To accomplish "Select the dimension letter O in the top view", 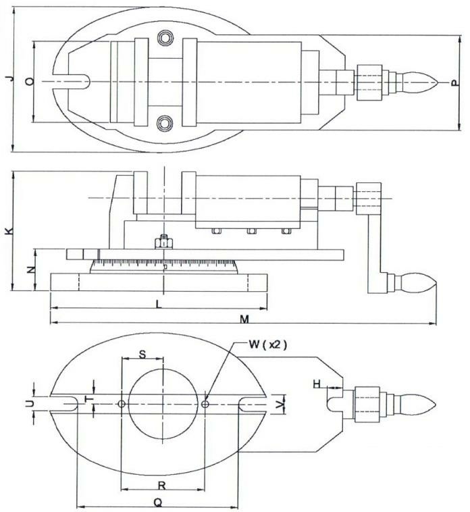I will click(x=28, y=82).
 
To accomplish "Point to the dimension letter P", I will click(x=454, y=82).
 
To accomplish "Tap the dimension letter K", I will click(x=7, y=231).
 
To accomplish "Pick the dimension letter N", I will click(x=29, y=270).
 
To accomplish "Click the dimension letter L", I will click(x=158, y=305).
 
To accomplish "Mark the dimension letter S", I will click(x=142, y=354).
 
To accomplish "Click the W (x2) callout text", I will click(x=267, y=344).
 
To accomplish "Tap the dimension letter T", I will click(x=93, y=401).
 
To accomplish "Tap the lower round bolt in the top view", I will click(x=163, y=122).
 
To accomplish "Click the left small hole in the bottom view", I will click(x=121, y=404).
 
